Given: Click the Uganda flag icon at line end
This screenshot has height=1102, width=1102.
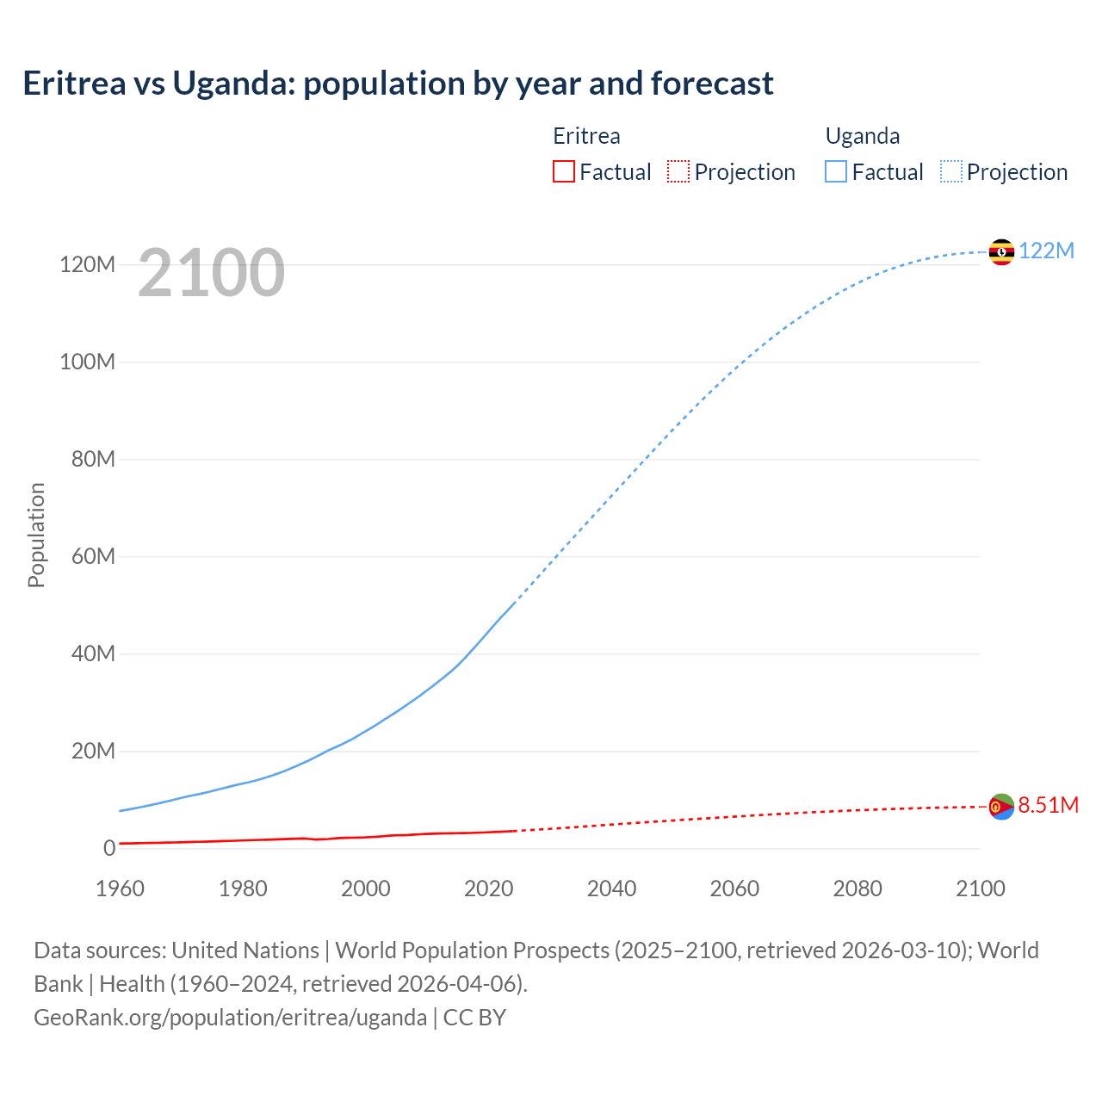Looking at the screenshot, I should pos(1001,251).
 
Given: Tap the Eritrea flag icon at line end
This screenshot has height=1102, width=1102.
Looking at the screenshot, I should pos(1001,807).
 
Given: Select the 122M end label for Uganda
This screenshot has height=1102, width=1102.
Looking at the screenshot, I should pos(1046,251).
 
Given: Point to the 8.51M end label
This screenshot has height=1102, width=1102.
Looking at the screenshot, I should pos(1048,805).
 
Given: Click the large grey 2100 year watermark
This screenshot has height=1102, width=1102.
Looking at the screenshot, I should pos(211,273).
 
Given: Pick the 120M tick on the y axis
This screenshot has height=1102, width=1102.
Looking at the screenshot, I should pos(87,264).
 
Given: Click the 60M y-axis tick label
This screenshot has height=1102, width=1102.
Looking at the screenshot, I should pos(93,556).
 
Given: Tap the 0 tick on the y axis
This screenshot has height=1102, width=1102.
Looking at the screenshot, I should pos(108,848).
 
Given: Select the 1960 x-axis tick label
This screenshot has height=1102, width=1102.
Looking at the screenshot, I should pos(120,888).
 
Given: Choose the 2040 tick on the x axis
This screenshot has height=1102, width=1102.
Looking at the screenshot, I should pos(611,888).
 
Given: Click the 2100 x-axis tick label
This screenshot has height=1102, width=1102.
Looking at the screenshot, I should pos(980,888).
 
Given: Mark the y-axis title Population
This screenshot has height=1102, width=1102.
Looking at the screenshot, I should pos(36,535).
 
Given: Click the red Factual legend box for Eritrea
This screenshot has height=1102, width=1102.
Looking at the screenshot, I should pos(563,172).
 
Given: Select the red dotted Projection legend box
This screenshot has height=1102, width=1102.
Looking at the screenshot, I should pos(678,172).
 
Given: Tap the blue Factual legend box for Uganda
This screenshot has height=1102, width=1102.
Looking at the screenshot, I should pos(836,172).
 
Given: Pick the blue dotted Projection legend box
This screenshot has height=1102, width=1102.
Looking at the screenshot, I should pos(951,172).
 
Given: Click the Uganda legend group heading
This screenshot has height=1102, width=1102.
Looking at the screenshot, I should pos(863,136).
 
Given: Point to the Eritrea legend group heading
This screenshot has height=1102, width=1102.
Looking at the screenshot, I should pos(586,136).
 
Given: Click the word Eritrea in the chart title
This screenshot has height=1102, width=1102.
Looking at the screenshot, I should pos(74,84).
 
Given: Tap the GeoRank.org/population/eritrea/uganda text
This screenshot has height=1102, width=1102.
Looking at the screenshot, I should pos(230,1018).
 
